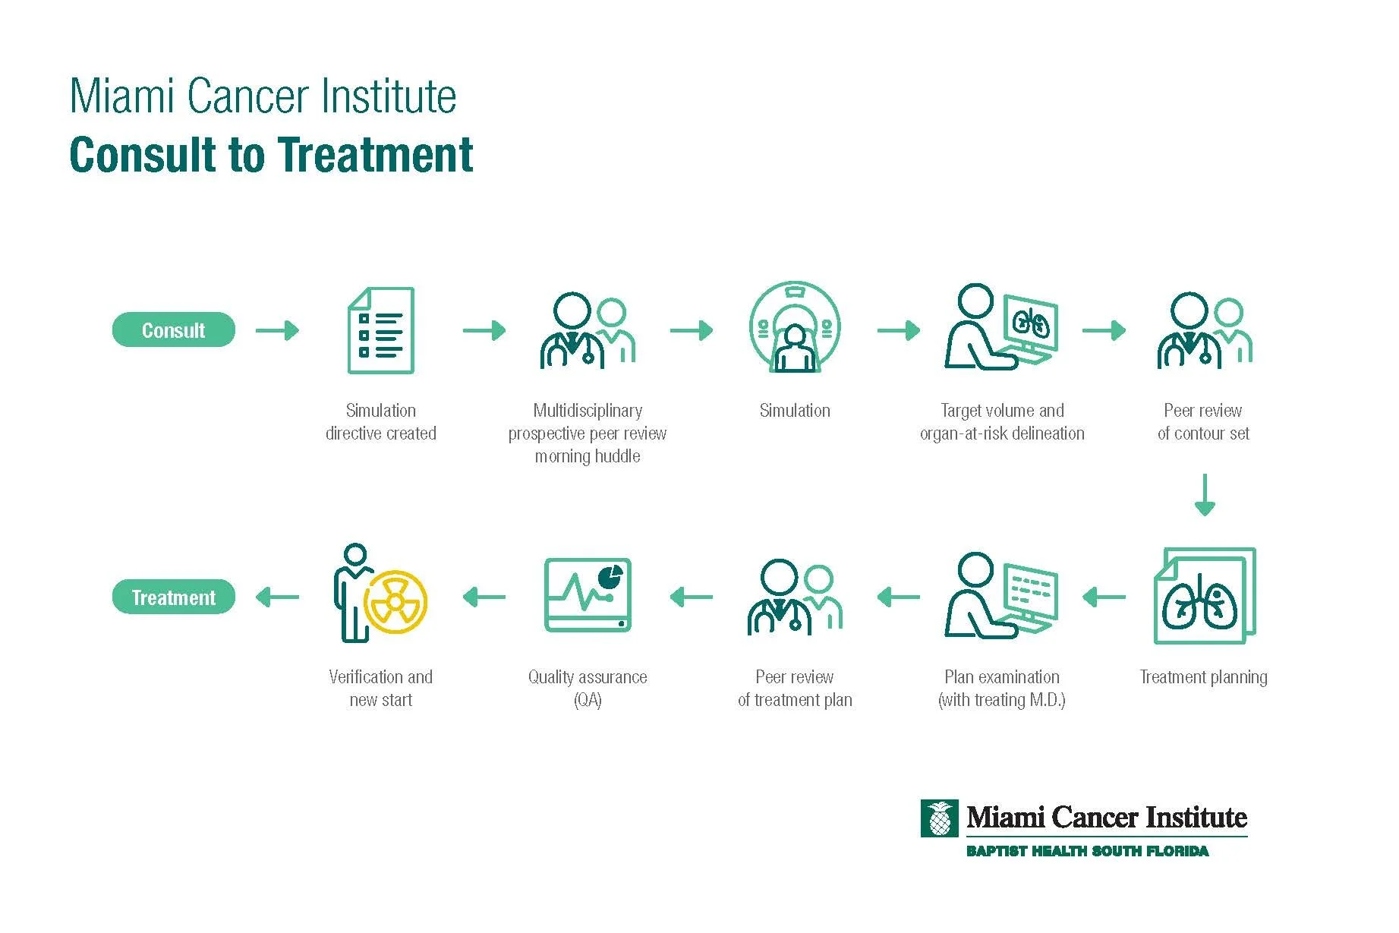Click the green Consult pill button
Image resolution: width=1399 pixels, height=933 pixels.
click(173, 329)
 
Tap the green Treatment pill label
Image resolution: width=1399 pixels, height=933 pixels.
click(173, 597)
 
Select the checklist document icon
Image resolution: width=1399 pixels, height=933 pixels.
click(381, 330)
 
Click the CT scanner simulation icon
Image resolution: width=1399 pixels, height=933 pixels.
click(795, 327)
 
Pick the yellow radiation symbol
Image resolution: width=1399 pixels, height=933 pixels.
click(395, 601)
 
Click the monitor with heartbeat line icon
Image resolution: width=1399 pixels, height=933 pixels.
click(588, 595)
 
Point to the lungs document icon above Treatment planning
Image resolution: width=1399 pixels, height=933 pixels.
click(1204, 596)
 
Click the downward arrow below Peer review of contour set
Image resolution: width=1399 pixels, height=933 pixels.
click(1205, 495)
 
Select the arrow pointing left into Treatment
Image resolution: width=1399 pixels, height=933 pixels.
click(277, 597)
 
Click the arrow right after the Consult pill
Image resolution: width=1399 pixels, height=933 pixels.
click(277, 330)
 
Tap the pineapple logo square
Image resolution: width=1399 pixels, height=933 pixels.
click(939, 818)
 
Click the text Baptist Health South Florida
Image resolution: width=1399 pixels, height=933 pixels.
click(1087, 851)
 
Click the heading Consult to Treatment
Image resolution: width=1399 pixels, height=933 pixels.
click(271, 155)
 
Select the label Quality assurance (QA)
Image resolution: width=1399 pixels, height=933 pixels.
click(588, 688)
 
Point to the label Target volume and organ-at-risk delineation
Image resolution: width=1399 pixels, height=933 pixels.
click(1002, 422)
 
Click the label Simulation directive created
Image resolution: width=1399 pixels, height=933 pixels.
click(381, 422)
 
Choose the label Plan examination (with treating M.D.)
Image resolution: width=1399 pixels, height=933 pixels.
click(1002, 688)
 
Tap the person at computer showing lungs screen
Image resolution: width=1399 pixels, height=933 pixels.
click(1001, 327)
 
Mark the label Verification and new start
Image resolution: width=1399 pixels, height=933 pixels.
click(381, 688)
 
